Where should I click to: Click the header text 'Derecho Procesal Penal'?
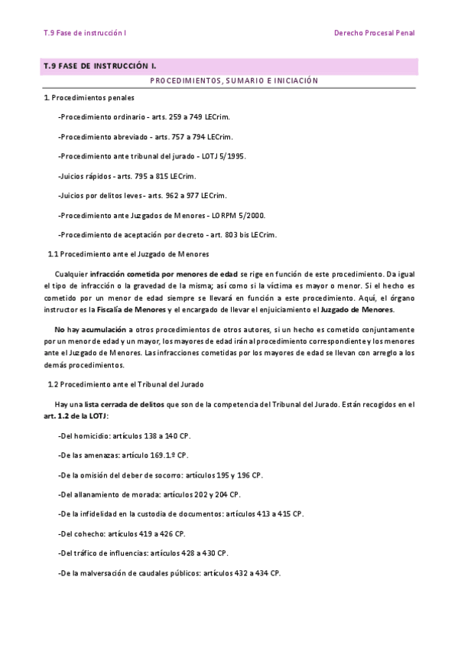tap(374, 33)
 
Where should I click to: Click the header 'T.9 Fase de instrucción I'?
tap(85, 33)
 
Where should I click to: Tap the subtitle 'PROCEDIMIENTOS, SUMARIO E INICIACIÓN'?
tap(234, 81)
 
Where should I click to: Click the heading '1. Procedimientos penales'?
tap(89, 98)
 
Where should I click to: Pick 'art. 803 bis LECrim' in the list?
tap(242, 234)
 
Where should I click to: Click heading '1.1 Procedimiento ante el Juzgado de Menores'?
tap(128, 253)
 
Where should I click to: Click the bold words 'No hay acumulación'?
tap(87, 328)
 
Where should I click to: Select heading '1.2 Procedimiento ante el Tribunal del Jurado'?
tap(126, 384)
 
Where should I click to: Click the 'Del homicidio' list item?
tap(84, 435)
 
